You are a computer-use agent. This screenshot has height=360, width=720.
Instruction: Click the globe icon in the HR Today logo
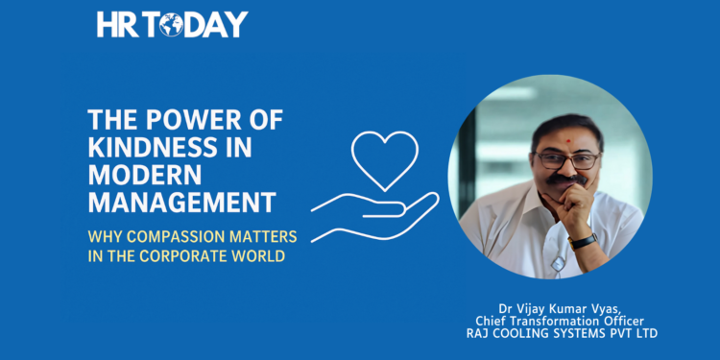click(x=172, y=25)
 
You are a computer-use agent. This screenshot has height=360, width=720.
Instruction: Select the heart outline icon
click(x=384, y=157)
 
